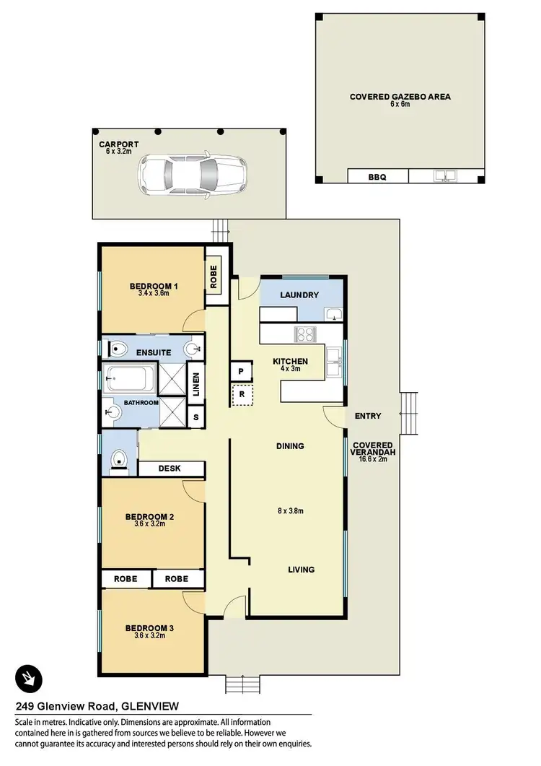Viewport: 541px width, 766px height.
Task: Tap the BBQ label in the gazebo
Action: [377, 176]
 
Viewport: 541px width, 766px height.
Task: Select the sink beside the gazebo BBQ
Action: [444, 175]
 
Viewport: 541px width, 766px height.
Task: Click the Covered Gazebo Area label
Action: [400, 97]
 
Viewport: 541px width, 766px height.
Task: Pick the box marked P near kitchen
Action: [239, 371]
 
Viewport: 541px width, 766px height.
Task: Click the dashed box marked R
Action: [241, 395]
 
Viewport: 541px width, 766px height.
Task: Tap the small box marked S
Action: [195, 417]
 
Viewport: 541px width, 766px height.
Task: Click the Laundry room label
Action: [300, 295]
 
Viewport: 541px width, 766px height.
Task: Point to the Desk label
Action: [170, 469]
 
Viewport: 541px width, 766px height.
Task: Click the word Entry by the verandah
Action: [368, 416]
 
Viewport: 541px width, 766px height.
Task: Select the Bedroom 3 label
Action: [149, 628]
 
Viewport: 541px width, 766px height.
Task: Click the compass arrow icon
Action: [30, 678]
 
